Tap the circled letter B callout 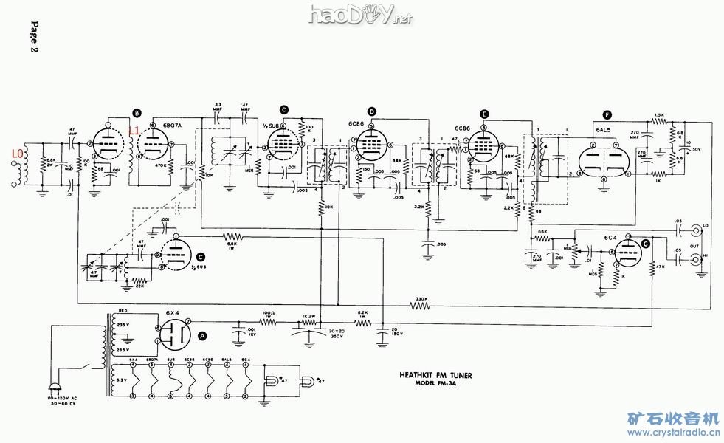[x=137, y=112]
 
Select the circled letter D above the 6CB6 [x=372, y=112]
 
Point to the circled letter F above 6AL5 [x=607, y=115]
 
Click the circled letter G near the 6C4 [x=647, y=244]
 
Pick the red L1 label [x=134, y=131]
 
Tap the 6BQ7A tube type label [x=170, y=126]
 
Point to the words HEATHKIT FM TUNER [x=430, y=375]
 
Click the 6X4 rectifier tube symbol [x=173, y=332]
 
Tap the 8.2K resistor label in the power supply [x=362, y=312]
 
